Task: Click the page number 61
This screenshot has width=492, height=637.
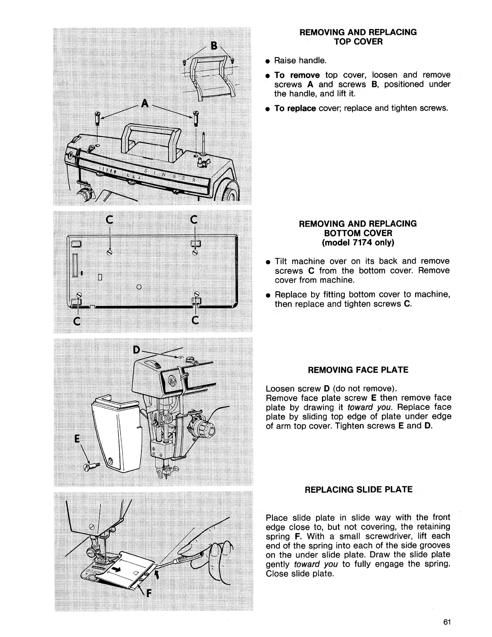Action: [447, 622]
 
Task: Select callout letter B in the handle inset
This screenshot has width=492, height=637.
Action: [213, 46]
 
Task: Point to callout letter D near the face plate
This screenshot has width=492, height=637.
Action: [137, 350]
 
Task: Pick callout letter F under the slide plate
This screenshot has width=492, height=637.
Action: [148, 594]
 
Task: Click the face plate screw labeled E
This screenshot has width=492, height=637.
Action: [92, 466]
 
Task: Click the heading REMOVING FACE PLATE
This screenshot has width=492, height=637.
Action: [358, 370]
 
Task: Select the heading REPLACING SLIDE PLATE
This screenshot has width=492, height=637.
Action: [359, 489]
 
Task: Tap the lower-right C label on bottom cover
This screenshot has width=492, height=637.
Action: [195, 320]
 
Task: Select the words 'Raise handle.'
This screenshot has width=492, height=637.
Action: [300, 61]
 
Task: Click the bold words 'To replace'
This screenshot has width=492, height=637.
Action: [295, 109]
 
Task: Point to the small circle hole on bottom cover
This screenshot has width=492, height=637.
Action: [138, 287]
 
